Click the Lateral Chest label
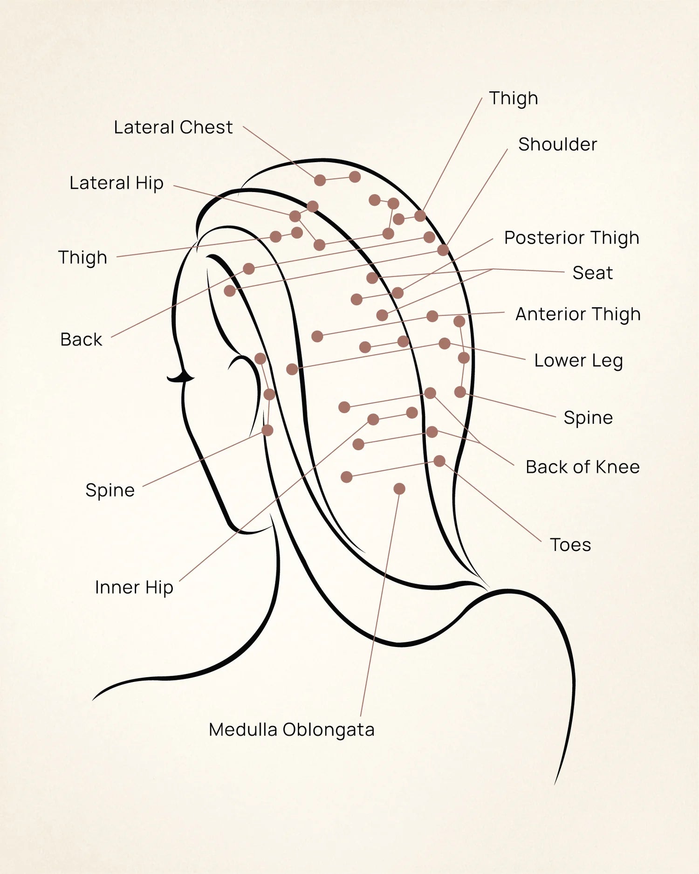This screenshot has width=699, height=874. [x=173, y=127]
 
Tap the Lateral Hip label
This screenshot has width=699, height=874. [x=116, y=183]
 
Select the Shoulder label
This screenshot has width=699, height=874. [x=558, y=145]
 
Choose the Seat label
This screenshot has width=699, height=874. [x=593, y=273]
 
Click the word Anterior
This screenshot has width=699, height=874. [x=543, y=314]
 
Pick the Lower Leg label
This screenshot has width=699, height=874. [x=578, y=361]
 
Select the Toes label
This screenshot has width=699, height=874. [x=570, y=545]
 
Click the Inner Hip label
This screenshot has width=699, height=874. [x=134, y=587]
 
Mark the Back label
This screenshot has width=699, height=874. [x=81, y=339]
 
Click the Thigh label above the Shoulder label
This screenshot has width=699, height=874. [x=514, y=98]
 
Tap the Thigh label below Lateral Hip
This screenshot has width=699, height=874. [x=82, y=258]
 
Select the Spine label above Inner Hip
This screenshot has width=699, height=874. [x=110, y=490]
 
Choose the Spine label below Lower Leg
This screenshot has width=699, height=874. [x=588, y=418]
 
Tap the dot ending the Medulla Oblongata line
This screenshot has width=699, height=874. [x=399, y=489]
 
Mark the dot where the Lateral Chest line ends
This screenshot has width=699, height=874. [x=320, y=180]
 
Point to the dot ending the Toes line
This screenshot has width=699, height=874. [x=439, y=461]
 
